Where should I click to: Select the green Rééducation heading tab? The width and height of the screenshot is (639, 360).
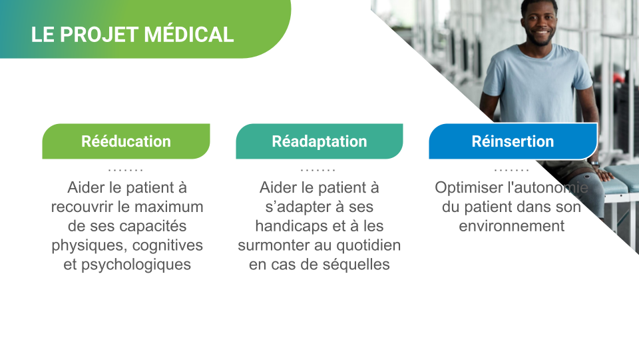[126, 141]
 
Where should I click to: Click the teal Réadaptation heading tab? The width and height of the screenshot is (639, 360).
[319, 141]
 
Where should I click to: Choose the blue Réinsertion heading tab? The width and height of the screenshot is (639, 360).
[513, 141]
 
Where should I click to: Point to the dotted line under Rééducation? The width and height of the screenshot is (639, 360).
[126, 170]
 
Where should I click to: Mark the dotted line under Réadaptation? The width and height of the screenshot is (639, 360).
[318, 170]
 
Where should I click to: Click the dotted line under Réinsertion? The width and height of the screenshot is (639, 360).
[511, 170]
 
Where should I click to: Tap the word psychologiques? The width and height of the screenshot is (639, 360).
[136, 265]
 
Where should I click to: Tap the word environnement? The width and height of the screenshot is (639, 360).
[511, 226]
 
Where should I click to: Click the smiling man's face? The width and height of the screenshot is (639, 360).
[540, 23]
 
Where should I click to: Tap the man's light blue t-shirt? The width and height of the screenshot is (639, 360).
[537, 84]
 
